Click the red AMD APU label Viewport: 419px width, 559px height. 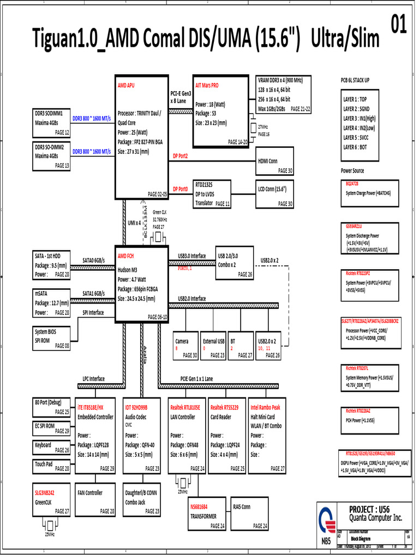click(127, 86)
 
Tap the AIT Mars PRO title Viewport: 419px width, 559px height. click(207, 86)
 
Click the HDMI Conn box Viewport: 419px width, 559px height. click(275, 165)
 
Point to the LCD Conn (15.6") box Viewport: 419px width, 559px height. click(275, 194)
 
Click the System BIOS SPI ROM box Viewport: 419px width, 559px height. click(52, 338)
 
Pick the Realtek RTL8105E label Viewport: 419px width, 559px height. click(185, 407)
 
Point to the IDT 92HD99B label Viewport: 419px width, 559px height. click(136, 407)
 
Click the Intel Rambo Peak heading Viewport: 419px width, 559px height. click(265, 407)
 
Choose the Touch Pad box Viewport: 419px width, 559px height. click(52, 466)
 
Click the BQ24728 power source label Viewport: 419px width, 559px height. click(352, 183)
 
